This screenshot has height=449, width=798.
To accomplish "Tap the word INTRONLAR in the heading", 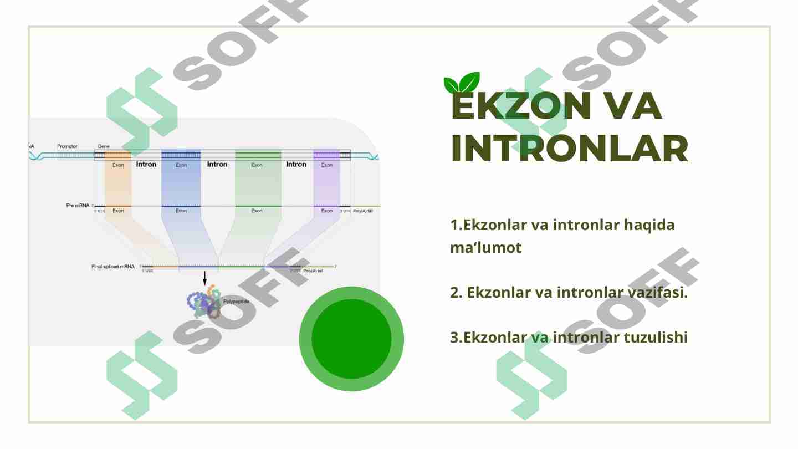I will click(x=570, y=149).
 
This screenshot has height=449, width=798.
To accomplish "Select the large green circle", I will click(x=351, y=339).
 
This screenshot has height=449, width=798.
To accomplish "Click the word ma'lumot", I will click(x=486, y=248).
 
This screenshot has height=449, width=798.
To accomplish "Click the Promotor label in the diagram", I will click(x=68, y=146).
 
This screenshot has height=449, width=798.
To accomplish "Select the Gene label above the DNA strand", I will click(x=104, y=146).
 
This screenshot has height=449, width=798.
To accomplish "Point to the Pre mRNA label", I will click(x=78, y=206).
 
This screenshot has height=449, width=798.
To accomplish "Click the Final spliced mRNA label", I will click(x=112, y=267).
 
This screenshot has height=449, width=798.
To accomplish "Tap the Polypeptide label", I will click(x=236, y=302).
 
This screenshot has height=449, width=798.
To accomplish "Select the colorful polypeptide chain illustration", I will click(x=204, y=303).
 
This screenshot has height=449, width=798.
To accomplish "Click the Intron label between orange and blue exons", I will click(x=146, y=165).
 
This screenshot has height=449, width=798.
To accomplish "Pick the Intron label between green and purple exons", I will click(x=296, y=165).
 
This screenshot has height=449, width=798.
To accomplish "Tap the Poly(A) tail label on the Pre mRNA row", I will click(x=363, y=211).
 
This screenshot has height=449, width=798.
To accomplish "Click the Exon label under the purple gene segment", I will click(x=327, y=165).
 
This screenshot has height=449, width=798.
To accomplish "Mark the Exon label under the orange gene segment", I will click(x=118, y=165).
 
